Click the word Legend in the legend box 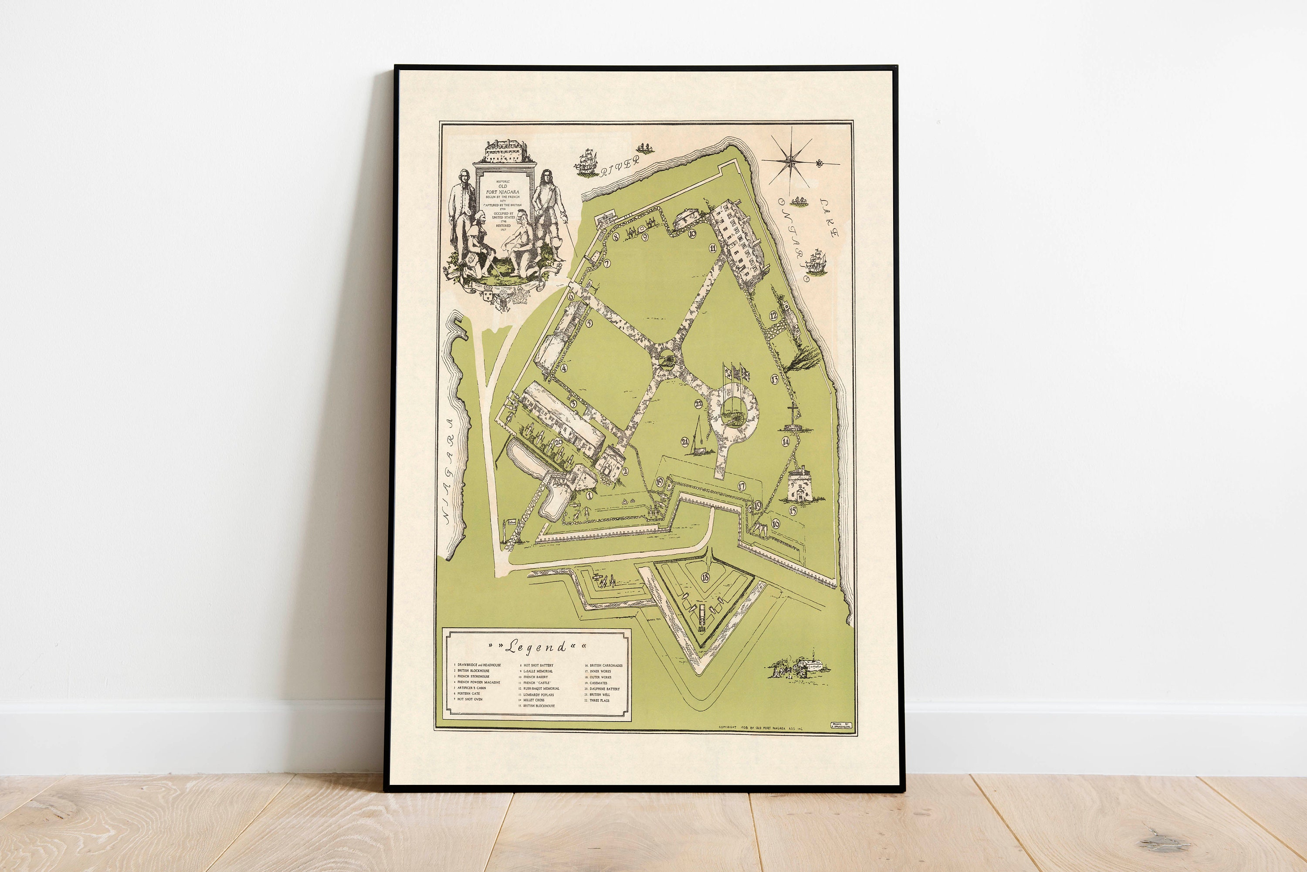point(537,646)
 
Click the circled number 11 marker point(712,248)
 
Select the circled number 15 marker point(792,510)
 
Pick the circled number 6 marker point(571,297)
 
